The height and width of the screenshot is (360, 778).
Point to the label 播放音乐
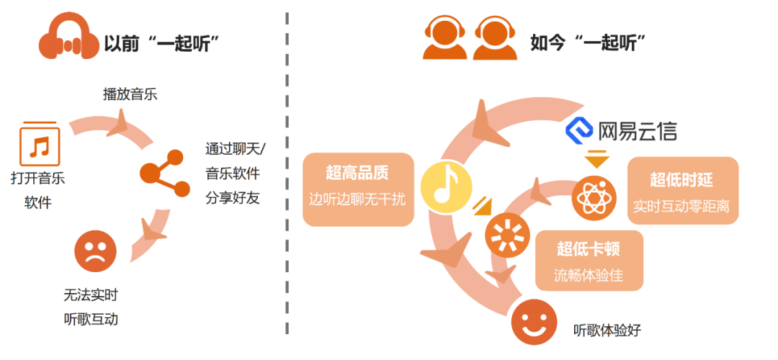pos(130,94)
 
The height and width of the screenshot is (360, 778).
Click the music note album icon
pos(39,144)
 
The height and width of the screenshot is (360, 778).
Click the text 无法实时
pos(91,294)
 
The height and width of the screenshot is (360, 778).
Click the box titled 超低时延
pos(681,191)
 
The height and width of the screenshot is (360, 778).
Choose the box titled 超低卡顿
pos(589,261)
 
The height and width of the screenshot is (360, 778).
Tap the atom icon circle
pos(594,199)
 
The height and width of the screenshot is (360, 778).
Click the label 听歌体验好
pos(607,330)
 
